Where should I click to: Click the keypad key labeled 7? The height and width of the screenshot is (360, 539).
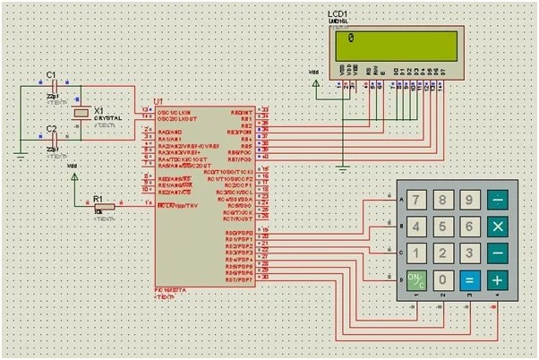(416, 200)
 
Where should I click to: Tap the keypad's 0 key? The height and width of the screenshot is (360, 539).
(442, 279)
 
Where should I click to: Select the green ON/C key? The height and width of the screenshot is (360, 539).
(416, 279)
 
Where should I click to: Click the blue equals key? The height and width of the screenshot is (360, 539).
(467, 279)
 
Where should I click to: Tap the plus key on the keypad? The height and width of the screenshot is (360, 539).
(497, 279)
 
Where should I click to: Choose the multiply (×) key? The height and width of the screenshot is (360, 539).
(497, 227)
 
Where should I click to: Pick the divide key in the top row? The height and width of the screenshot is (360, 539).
(497, 200)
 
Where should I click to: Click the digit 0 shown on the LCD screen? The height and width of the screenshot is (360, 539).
(351, 39)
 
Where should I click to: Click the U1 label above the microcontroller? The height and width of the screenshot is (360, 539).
(158, 102)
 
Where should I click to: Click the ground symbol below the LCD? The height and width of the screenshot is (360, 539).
(341, 165)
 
